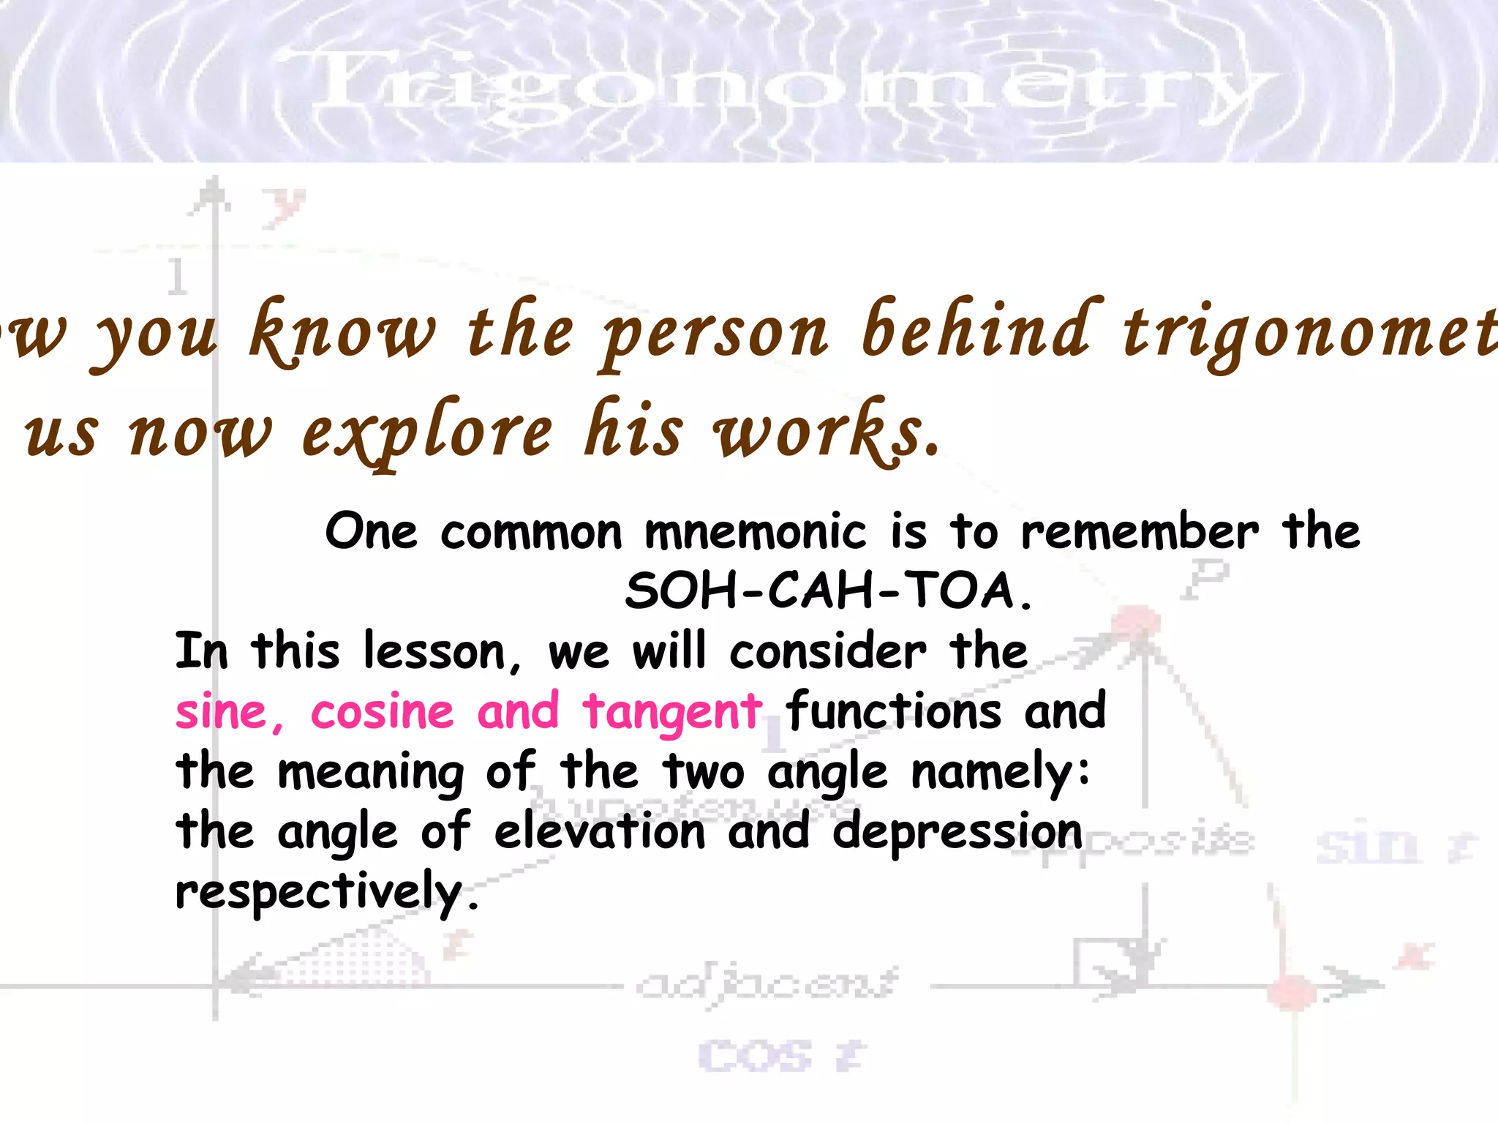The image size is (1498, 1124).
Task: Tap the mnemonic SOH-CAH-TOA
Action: [x=828, y=591]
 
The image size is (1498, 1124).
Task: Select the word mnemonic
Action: [x=755, y=532]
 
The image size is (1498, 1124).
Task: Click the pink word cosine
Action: [x=383, y=712]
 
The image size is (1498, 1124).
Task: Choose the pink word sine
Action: [x=222, y=712]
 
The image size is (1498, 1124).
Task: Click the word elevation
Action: [x=600, y=832]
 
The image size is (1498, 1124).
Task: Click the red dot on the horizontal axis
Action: [x=1292, y=992]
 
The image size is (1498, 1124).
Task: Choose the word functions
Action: [x=894, y=712]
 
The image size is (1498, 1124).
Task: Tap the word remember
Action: [x=1140, y=532]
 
